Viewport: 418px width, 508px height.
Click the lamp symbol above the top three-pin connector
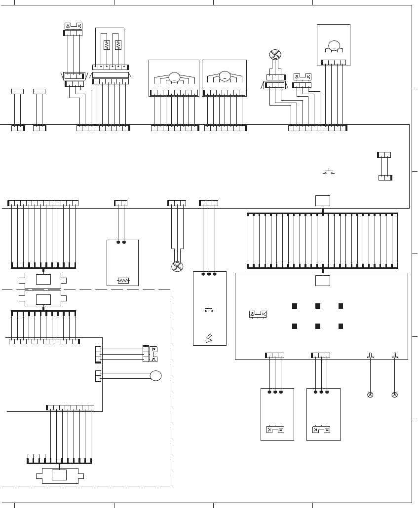click(274, 55)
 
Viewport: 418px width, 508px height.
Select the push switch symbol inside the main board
click(329, 172)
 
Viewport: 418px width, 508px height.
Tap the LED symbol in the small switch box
click(209, 339)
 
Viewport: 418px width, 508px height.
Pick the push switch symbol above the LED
click(209, 310)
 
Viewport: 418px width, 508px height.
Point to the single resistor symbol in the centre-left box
click(122, 281)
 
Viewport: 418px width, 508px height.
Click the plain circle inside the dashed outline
click(156, 376)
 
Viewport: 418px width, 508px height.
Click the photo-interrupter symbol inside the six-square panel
click(258, 315)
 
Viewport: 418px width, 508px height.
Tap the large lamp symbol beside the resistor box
click(177, 266)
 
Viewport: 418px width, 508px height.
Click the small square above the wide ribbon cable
click(322, 200)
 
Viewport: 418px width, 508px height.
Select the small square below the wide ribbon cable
click(322, 280)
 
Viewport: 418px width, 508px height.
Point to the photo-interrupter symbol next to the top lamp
click(302, 76)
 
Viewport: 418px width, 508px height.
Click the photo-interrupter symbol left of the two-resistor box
click(74, 26)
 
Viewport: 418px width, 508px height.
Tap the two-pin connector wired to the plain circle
click(98, 376)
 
